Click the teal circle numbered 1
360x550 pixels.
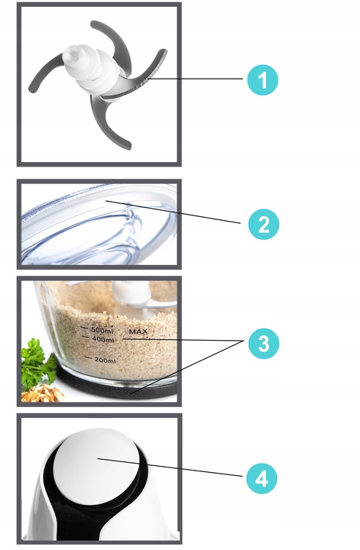262,80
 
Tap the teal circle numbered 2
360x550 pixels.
264,225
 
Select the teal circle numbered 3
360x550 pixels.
264,344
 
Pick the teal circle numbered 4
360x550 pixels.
261,478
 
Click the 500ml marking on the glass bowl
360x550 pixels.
102,330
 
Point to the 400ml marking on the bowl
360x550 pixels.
102,339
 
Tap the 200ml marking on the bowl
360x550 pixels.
105,361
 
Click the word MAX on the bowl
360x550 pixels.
138,332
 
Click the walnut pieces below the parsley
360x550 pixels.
42,393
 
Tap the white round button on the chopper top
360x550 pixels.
97,461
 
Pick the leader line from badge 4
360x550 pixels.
170,467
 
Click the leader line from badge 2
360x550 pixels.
173,212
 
